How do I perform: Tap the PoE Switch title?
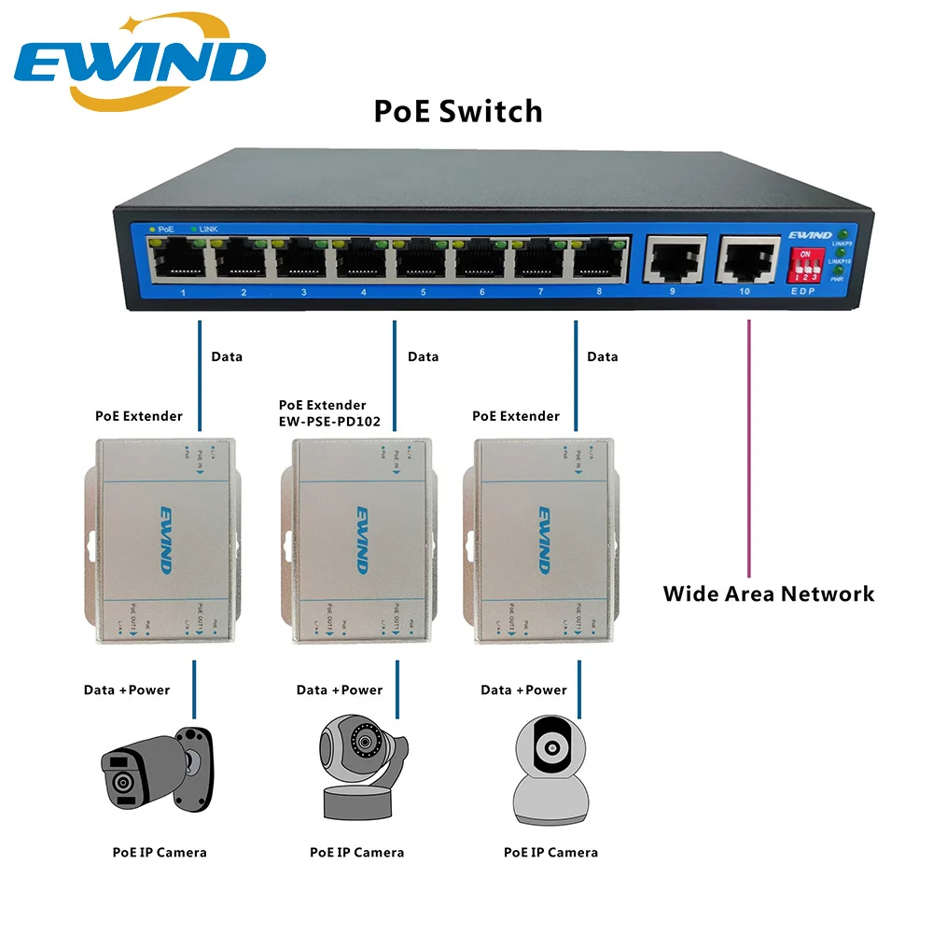click(x=457, y=111)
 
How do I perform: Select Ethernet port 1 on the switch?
click(x=183, y=260)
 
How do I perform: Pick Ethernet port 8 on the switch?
click(x=598, y=260)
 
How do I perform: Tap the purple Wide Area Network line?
click(x=748, y=448)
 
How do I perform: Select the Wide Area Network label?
click(x=769, y=593)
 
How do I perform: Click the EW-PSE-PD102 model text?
click(x=329, y=421)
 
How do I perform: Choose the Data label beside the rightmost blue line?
click(x=602, y=356)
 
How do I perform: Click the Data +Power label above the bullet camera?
click(x=127, y=689)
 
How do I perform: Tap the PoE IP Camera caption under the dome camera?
click(x=550, y=852)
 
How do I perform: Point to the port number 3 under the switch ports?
click(x=303, y=292)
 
